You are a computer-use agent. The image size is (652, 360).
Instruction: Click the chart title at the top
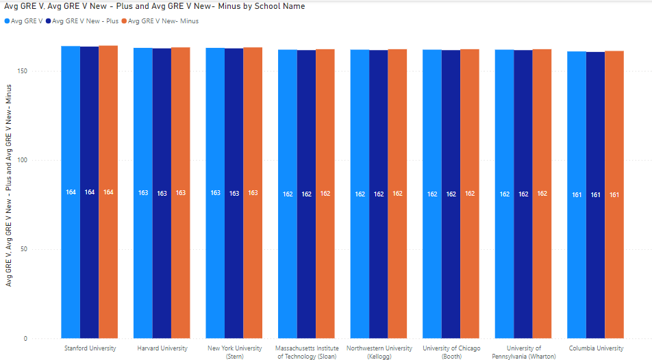(154, 6)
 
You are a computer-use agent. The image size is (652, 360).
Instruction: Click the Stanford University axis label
(89, 348)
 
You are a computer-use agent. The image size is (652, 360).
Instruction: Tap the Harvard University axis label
(162, 348)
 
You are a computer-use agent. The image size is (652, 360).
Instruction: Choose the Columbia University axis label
(595, 348)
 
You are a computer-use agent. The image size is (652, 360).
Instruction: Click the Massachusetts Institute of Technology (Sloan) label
(306, 352)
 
